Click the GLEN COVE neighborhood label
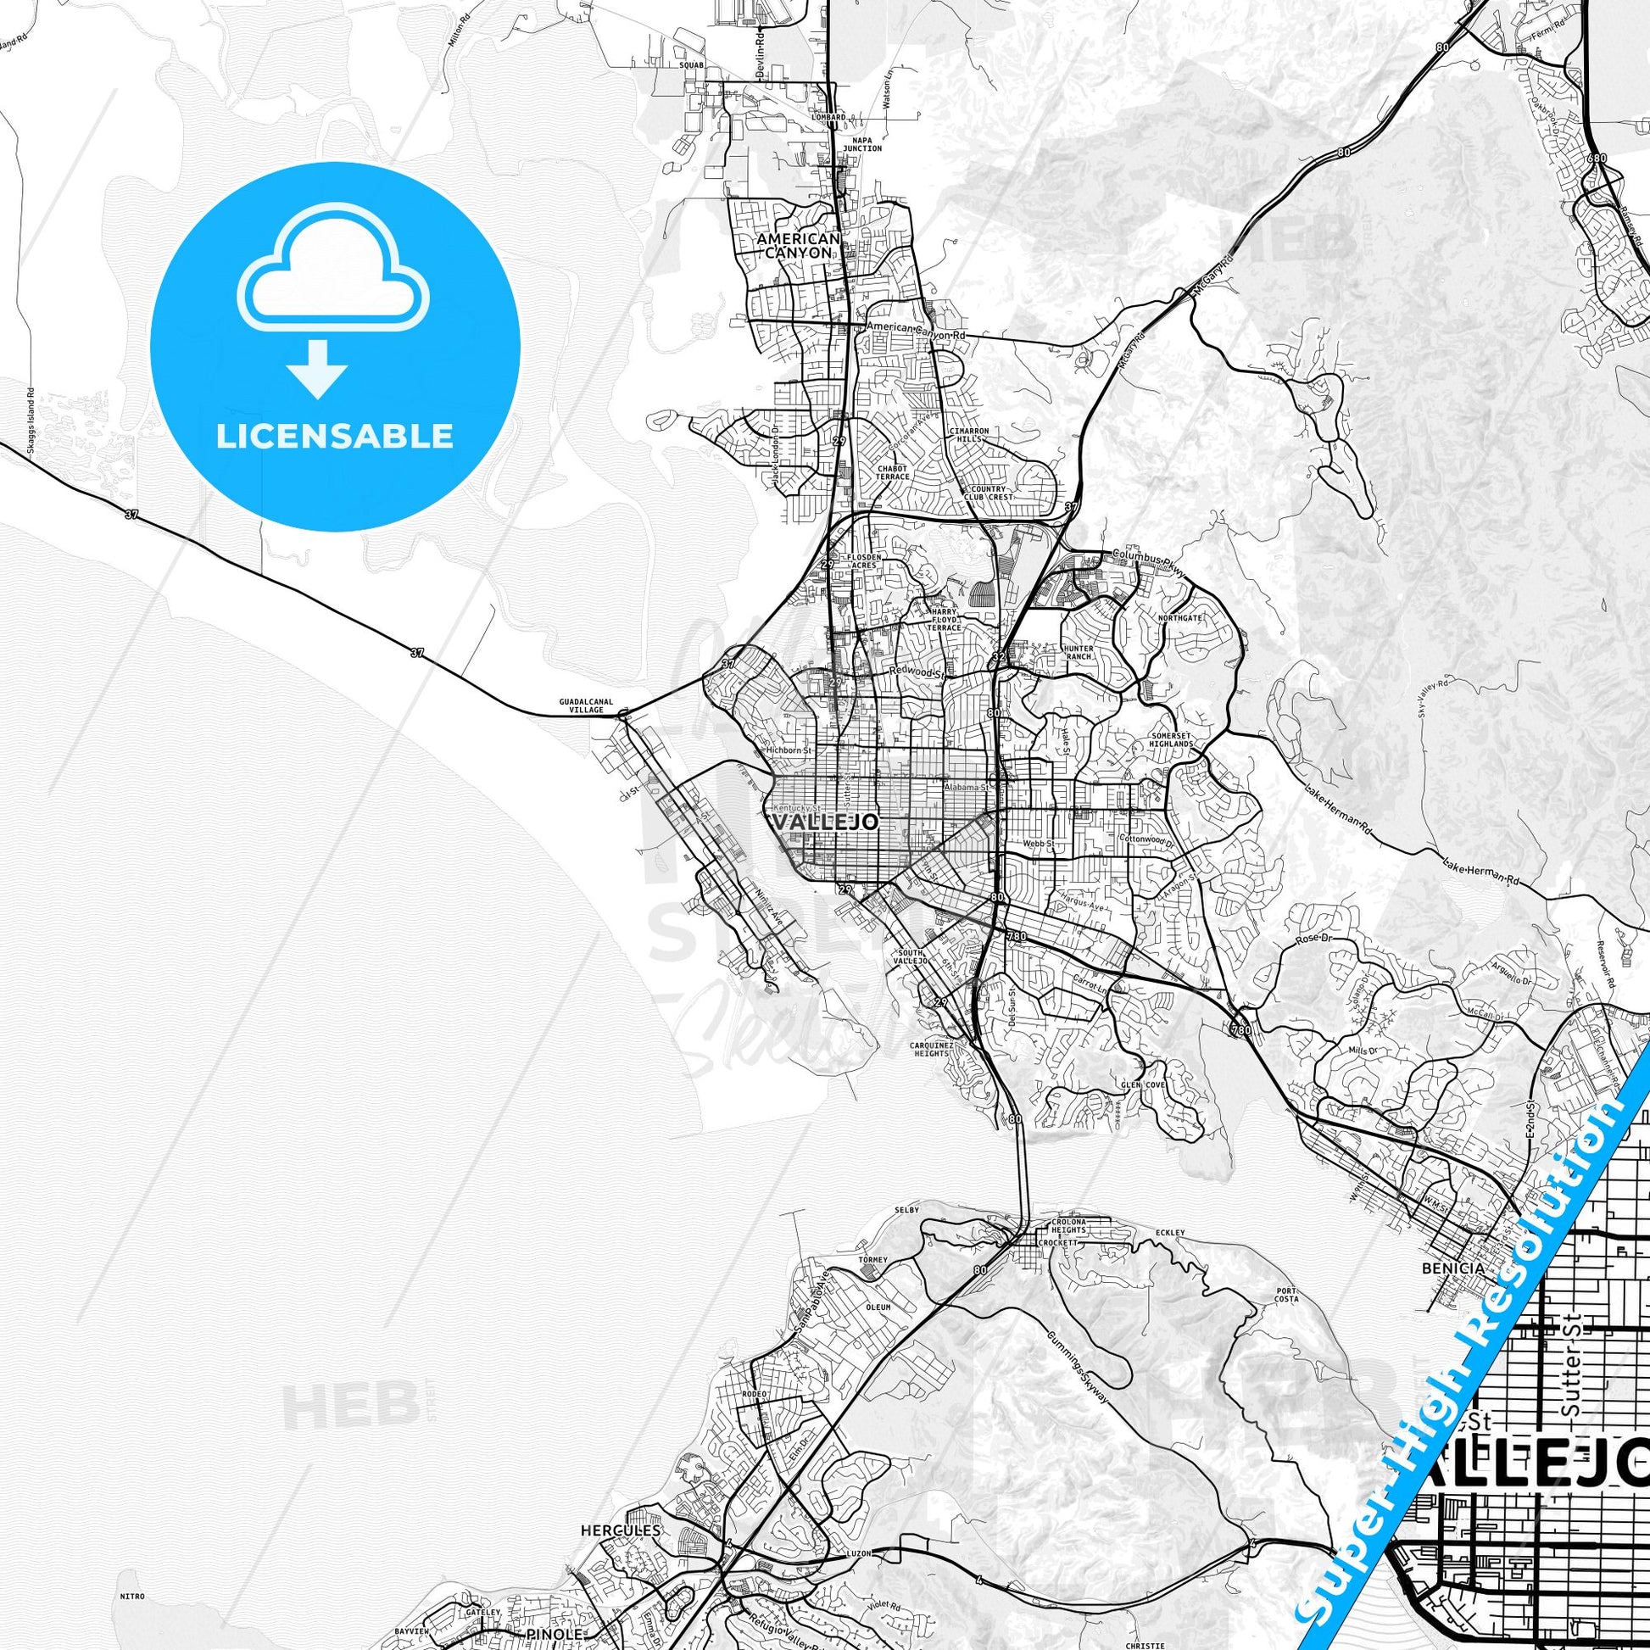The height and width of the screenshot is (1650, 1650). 1144,1085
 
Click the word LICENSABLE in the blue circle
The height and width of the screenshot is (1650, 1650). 335,437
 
